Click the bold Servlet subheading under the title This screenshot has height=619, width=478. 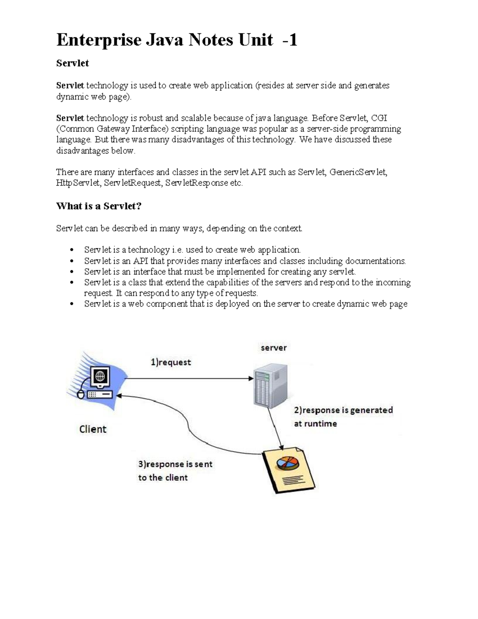(x=72, y=63)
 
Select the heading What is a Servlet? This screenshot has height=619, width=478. (x=99, y=206)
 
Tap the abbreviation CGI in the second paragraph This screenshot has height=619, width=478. (x=379, y=118)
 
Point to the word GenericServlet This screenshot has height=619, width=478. (x=358, y=172)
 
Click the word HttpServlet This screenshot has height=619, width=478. (x=78, y=183)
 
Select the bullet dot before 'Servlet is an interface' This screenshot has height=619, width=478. (x=72, y=272)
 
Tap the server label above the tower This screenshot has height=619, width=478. (x=274, y=348)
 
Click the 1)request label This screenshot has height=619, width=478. (x=170, y=362)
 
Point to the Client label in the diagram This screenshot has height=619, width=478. (x=93, y=429)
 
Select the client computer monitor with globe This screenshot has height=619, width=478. (x=100, y=376)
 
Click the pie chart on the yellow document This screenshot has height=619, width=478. (x=288, y=464)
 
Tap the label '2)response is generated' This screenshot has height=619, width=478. (x=343, y=410)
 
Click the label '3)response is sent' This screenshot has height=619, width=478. (x=175, y=464)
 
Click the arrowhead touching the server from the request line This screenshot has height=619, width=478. (x=251, y=378)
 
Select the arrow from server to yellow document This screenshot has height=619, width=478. (x=276, y=428)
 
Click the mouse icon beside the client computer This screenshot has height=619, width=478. (x=81, y=395)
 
